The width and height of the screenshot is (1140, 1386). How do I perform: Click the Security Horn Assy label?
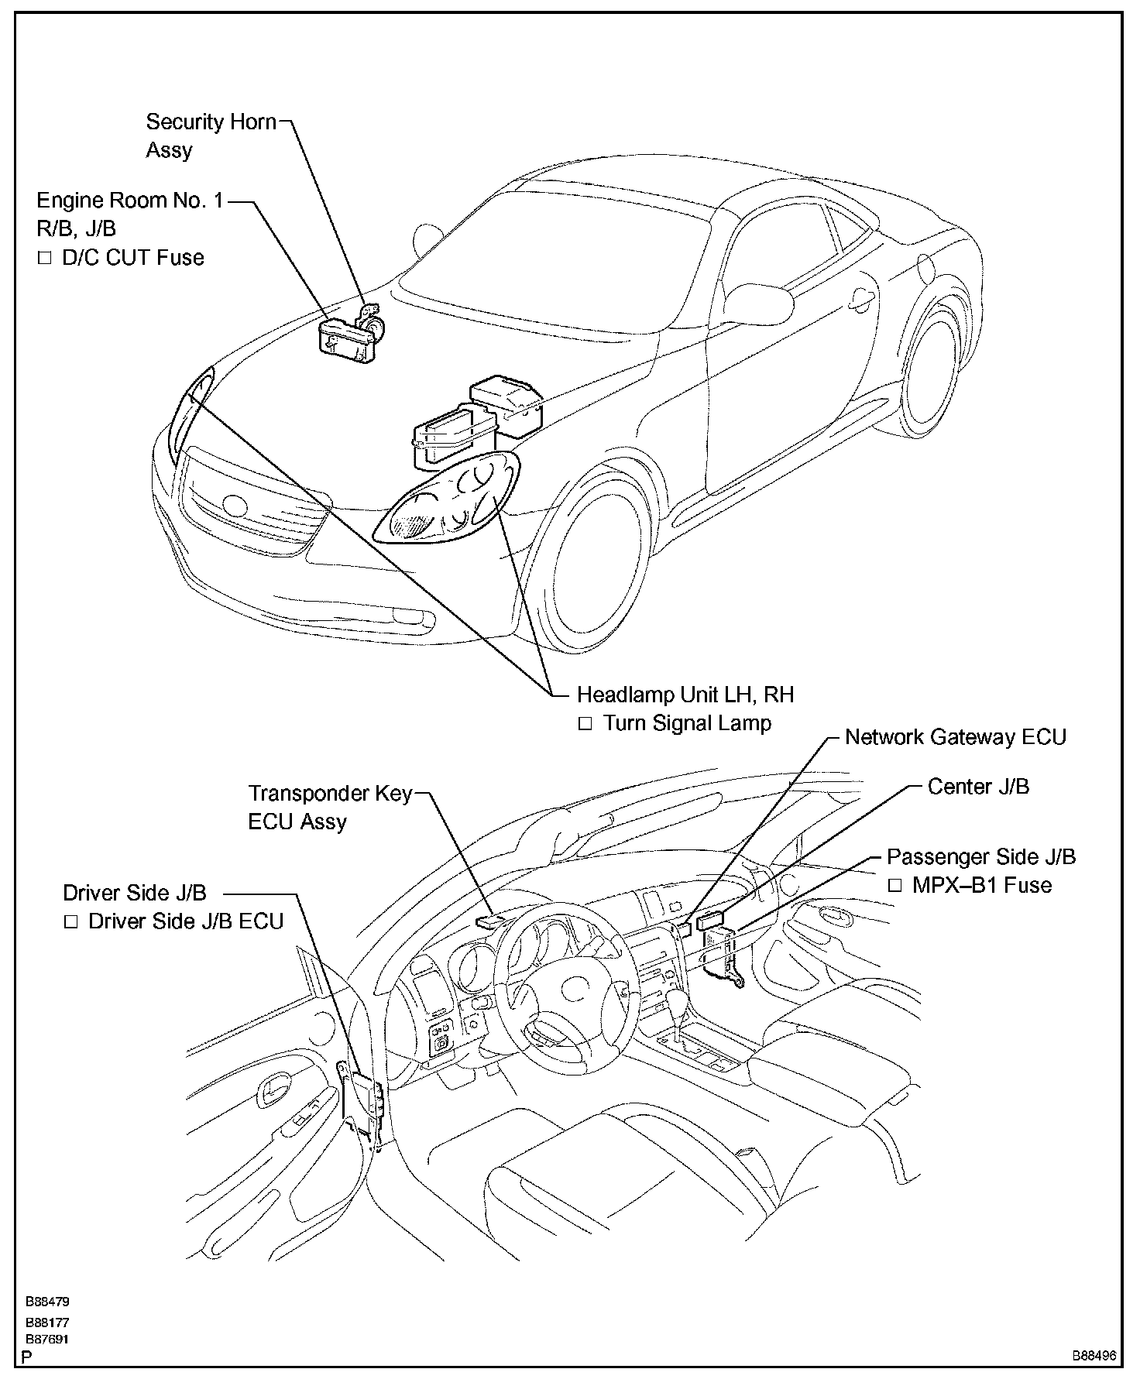click(x=211, y=135)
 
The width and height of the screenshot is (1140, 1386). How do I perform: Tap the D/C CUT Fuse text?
click(x=132, y=258)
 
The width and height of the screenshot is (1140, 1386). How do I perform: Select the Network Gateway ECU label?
click(x=955, y=737)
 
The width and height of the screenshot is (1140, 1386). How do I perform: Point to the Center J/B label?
click(x=978, y=787)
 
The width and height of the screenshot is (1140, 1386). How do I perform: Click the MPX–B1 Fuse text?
click(x=981, y=885)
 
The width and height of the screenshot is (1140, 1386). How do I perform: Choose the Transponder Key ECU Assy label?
click(x=329, y=808)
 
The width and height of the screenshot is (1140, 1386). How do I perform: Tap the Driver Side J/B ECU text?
click(x=185, y=921)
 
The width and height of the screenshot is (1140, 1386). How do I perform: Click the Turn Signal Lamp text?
click(x=686, y=723)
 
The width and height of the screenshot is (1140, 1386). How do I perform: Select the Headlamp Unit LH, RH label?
click(x=685, y=695)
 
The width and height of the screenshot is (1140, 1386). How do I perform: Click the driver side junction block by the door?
click(x=364, y=1100)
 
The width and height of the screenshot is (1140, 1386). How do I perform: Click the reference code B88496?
click(x=1094, y=1356)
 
